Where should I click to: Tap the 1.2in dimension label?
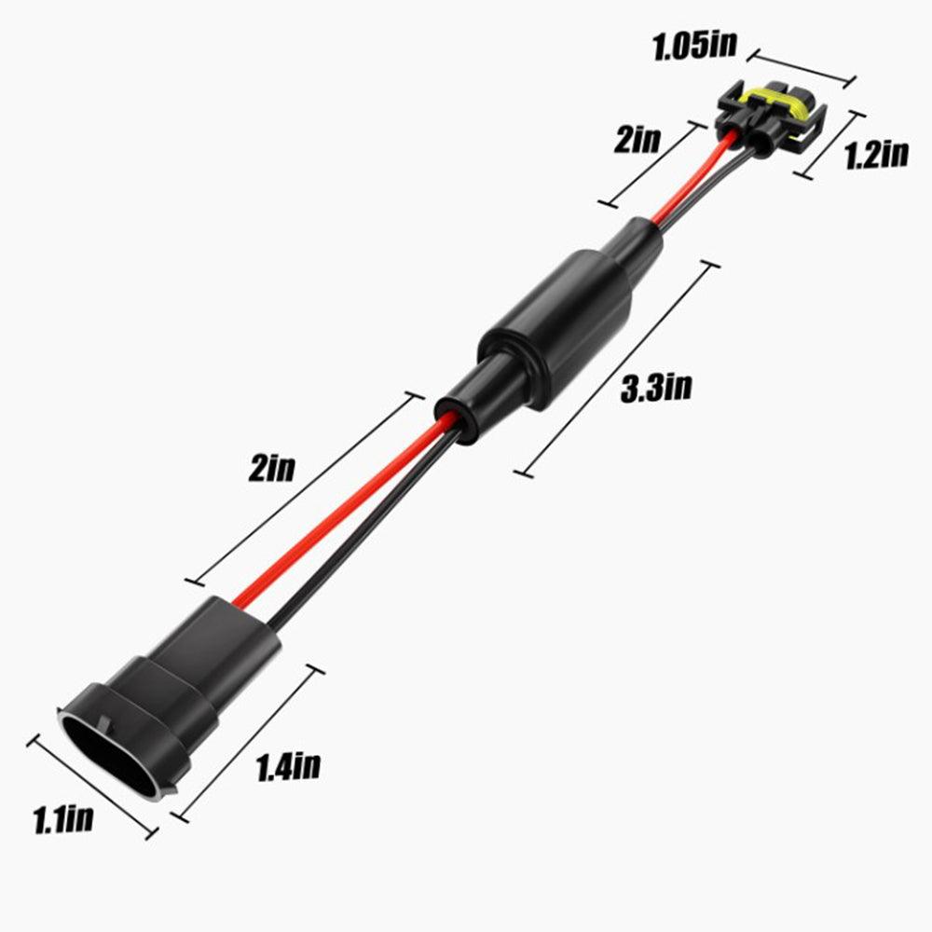click(x=875, y=154)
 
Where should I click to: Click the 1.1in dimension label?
click(x=63, y=820)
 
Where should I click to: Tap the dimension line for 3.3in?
click(x=616, y=369)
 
